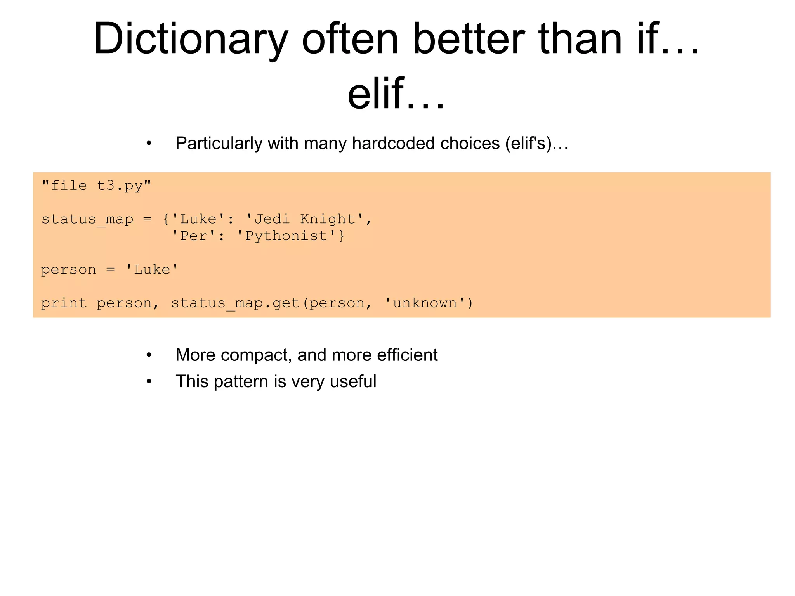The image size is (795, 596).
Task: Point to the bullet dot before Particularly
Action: click(x=149, y=144)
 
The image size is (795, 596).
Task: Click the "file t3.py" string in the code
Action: click(x=96, y=185)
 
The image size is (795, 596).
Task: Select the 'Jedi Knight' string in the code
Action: click(x=305, y=219)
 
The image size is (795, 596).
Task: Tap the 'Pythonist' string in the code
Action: click(x=286, y=236)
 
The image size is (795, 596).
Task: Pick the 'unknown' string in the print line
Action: click(x=425, y=303)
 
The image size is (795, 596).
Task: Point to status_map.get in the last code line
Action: click(x=235, y=303)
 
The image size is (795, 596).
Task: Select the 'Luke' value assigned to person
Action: click(x=152, y=270)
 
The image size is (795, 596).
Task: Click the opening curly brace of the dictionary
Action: click(x=166, y=219)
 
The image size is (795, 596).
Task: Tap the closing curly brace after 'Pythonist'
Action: click(x=342, y=236)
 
